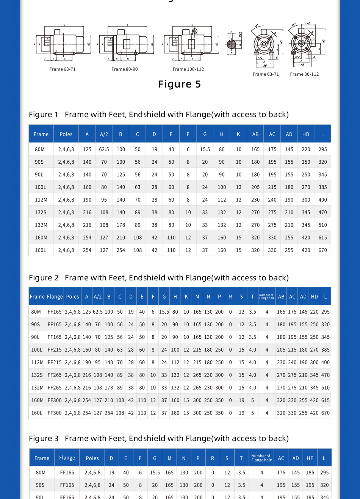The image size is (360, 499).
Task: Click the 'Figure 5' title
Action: pyautogui.click(x=179, y=84)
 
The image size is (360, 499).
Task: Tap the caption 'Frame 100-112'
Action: pyautogui.click(x=188, y=69)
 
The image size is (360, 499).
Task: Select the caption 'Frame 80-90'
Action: pyautogui.click(x=124, y=69)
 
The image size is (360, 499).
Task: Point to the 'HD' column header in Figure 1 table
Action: pyautogui.click(x=306, y=134)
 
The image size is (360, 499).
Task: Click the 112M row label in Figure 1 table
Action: pyautogui.click(x=41, y=200)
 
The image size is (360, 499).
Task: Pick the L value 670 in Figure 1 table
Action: pyautogui.click(x=322, y=250)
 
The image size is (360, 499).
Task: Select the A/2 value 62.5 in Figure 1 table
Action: pyautogui.click(x=104, y=149)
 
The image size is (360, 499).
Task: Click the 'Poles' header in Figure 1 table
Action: pyautogui.click(x=66, y=134)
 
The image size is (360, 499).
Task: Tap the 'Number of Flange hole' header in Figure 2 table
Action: pyautogui.click(x=267, y=297)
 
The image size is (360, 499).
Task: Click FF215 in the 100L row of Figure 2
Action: pyautogui.click(x=55, y=350)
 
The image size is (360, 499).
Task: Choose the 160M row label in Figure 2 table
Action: pyautogui.click(x=37, y=400)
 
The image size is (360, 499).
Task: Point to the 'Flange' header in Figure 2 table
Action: pyautogui.click(x=55, y=297)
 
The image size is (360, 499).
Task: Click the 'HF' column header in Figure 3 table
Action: pyautogui.click(x=310, y=458)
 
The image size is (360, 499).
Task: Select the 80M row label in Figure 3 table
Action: pyautogui.click(x=41, y=472)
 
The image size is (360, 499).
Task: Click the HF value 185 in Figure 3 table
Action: pyautogui.click(x=310, y=472)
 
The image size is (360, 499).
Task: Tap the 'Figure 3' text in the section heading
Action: pyautogui.click(x=44, y=438)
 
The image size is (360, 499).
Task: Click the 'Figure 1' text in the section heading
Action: pyautogui.click(x=44, y=114)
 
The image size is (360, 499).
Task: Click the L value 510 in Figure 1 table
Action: pyautogui.click(x=322, y=225)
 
